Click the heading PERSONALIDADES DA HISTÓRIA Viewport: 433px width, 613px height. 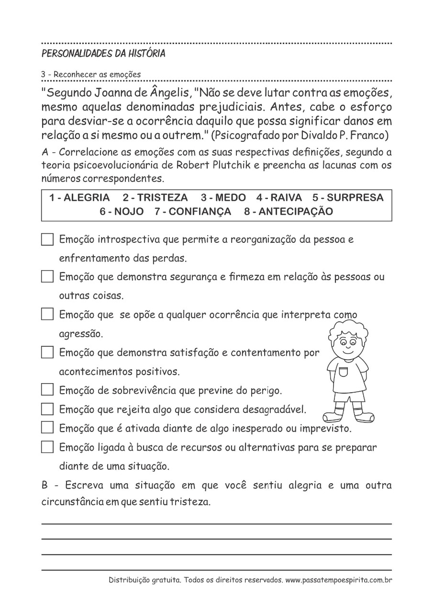pyautogui.click(x=103, y=54)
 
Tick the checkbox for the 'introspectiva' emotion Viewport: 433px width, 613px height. pyautogui.click(x=47, y=239)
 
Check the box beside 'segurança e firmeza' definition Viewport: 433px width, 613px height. pyautogui.click(x=47, y=277)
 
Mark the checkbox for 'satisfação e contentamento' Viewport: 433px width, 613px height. pyautogui.click(x=47, y=352)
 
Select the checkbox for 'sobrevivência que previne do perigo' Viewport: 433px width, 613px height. pyautogui.click(x=47, y=390)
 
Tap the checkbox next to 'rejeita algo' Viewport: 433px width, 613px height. pyautogui.click(x=47, y=409)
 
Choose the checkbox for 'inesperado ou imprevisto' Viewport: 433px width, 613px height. pyautogui.click(x=47, y=428)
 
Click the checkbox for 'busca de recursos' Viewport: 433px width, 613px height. pyautogui.click(x=47, y=447)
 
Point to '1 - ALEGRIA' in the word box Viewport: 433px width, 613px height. pyautogui.click(x=79, y=198)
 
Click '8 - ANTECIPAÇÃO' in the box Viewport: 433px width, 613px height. pyautogui.click(x=289, y=212)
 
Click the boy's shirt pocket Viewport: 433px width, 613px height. pyautogui.click(x=344, y=372)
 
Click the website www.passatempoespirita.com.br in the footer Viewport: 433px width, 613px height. pyautogui.click(x=339, y=580)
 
